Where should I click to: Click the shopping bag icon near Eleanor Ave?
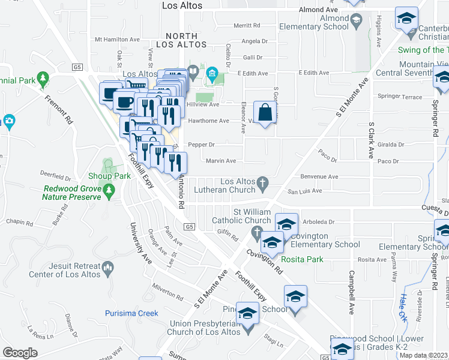265,112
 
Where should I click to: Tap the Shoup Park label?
109,176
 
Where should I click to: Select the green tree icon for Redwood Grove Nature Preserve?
109,191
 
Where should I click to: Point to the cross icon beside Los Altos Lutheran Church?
262,182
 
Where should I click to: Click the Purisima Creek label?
131,313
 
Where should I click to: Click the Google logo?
20,353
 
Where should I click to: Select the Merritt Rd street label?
247,26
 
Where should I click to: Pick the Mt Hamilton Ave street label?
118,40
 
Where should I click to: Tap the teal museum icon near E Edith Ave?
211,74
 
